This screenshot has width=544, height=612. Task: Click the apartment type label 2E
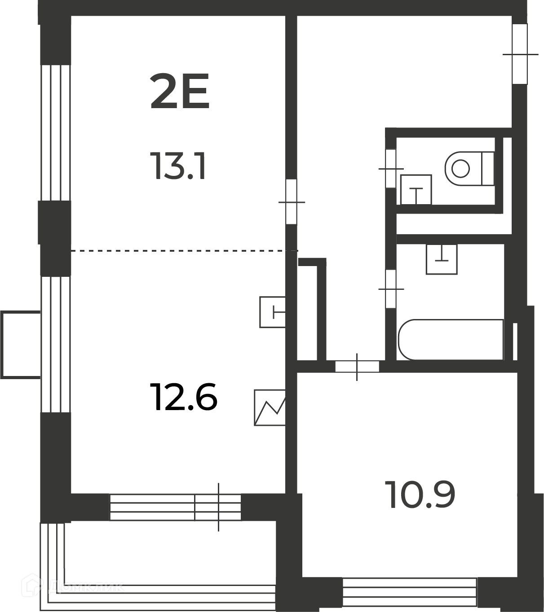point(180,91)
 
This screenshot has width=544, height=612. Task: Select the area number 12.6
point(184,397)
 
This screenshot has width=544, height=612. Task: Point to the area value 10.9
point(420,495)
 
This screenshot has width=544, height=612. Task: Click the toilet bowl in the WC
point(469,168)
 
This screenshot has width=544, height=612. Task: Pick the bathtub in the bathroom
point(451,340)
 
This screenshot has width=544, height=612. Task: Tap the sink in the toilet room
point(416,190)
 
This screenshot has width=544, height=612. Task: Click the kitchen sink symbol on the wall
point(273,312)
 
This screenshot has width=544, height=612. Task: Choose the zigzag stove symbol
point(270,407)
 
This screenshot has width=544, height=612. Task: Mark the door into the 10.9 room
point(357,367)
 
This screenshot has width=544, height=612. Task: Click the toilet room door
point(391,169)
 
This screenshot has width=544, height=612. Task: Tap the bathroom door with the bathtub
point(391,289)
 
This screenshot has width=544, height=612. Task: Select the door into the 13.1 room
point(292,202)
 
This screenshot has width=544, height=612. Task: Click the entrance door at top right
point(520,54)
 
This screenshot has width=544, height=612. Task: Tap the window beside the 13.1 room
point(56,133)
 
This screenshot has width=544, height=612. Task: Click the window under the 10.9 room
point(409,592)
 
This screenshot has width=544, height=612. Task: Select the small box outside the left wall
point(21,345)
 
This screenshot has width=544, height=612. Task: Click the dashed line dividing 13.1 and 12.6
point(185,251)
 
